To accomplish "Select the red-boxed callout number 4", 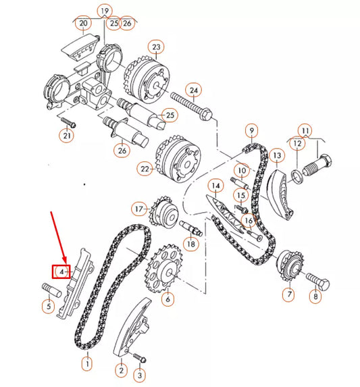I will (62, 272).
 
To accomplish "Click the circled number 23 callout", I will (157, 47).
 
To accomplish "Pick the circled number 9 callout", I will (251, 130).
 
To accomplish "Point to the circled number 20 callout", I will (83, 24).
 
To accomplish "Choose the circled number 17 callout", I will (138, 209).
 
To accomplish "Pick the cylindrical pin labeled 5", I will (53, 294).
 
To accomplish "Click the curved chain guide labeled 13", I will (280, 188).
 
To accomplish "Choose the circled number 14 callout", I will (215, 185).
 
